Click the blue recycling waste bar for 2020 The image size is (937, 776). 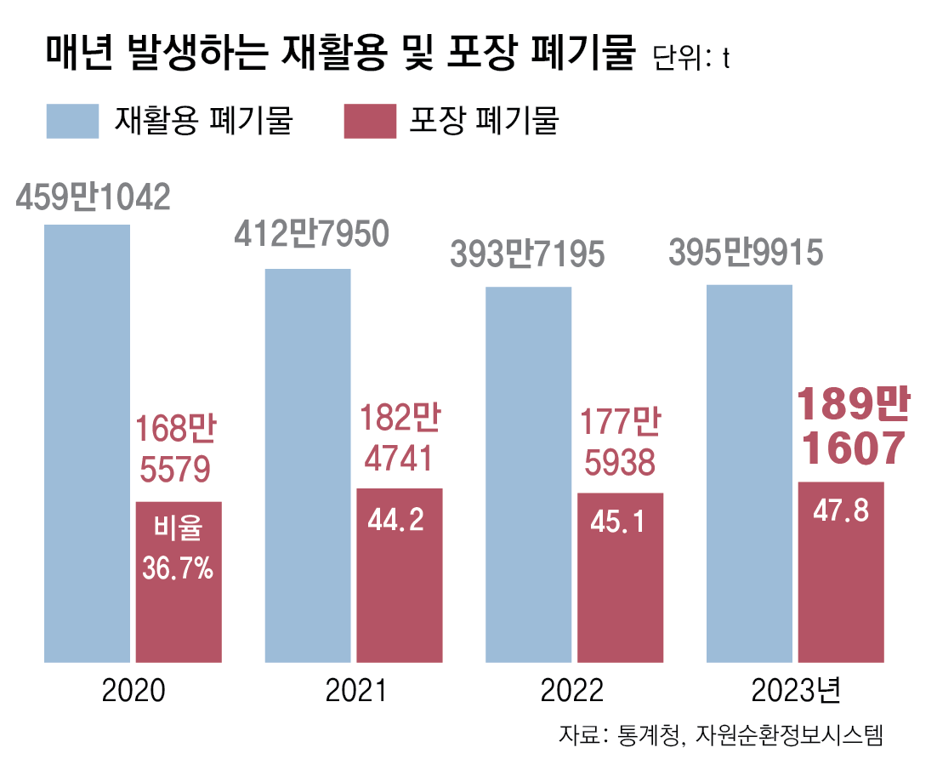coord(87,442)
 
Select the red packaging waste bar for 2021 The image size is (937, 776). coord(400,574)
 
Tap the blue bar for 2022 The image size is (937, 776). coord(528,473)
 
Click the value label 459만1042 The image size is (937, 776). coord(93,197)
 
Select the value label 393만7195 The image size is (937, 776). coord(527,254)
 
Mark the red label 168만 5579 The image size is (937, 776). coord(177,448)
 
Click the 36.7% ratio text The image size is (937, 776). coord(178,568)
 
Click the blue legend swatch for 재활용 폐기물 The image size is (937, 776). coord(73,121)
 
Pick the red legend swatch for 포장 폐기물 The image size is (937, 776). coord(370,121)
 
